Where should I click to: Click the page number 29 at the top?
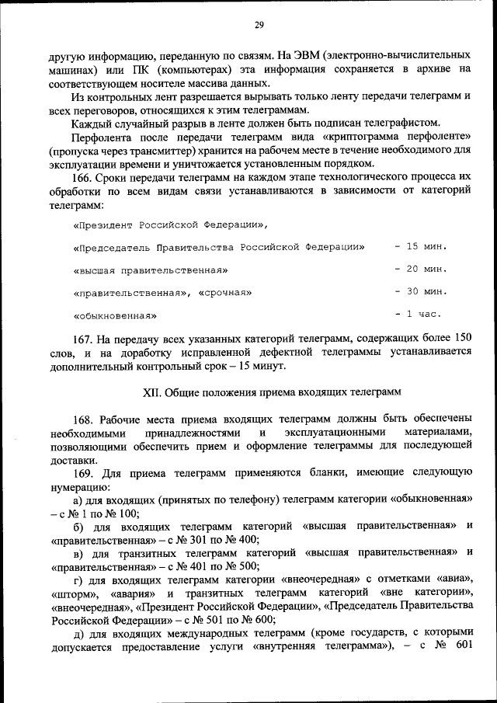coord(259,26)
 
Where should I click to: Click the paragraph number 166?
coord(84,176)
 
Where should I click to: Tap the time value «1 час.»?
coord(422,315)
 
